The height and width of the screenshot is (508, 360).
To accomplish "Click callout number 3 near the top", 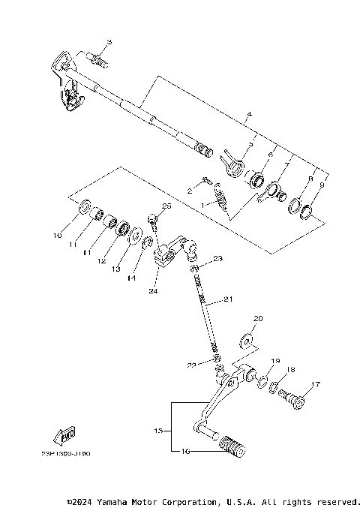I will [x=109, y=42].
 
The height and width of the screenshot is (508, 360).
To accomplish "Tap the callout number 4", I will [x=249, y=116].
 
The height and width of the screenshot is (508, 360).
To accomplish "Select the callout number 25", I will [x=166, y=206].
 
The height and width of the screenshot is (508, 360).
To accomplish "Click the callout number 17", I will [x=315, y=385].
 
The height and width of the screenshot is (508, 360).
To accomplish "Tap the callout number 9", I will [x=322, y=185].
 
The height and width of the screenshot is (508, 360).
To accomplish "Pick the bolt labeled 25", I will [x=153, y=221].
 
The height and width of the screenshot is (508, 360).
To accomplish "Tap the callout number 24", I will [x=154, y=291].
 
